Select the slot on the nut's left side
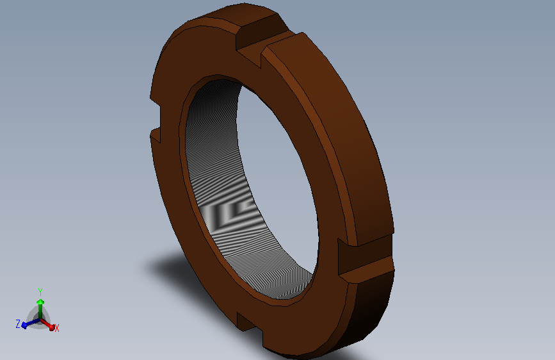[x=156, y=119]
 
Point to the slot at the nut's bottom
[x=250, y=328]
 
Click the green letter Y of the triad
[x=40, y=292]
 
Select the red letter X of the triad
[x=56, y=328]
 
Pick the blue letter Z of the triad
[x=18, y=323]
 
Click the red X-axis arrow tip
[x=52, y=328]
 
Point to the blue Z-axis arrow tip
[x=24, y=325]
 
